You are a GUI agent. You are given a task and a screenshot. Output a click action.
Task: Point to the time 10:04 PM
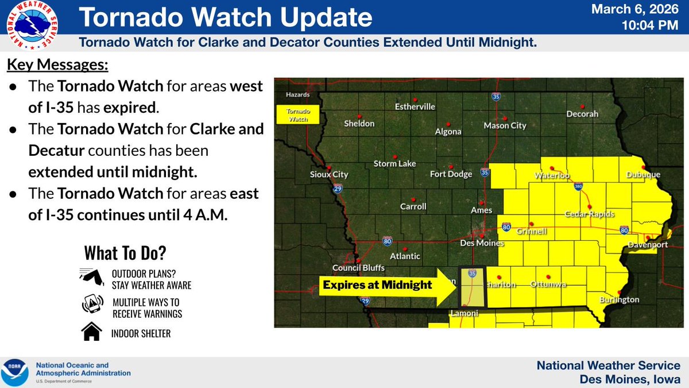[x=654, y=26]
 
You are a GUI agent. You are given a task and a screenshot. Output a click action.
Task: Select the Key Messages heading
[x=57, y=65]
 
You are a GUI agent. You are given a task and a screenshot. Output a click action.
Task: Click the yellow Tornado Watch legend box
[x=293, y=114]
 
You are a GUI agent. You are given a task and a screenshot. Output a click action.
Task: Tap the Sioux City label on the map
[x=329, y=175]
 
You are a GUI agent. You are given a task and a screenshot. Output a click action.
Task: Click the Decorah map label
[x=582, y=114]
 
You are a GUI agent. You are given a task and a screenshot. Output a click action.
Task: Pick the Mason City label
[x=505, y=125]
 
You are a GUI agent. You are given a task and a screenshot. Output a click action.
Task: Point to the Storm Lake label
[x=394, y=164]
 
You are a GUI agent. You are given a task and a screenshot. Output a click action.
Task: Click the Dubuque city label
[x=643, y=175]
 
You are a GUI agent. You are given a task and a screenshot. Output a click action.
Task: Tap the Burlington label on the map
[x=618, y=299]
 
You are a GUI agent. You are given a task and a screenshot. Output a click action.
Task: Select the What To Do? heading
[x=126, y=252]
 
